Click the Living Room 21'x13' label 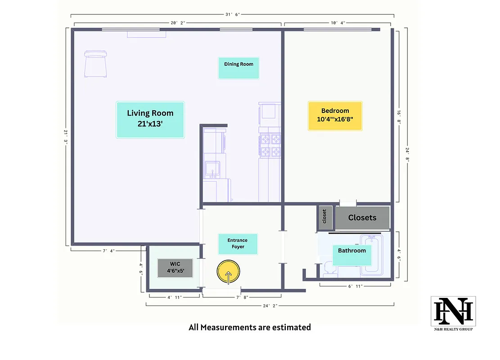(150, 119)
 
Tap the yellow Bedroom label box (335, 116)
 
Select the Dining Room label (239, 68)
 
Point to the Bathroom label (351, 255)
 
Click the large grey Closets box (362, 218)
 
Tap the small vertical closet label (324, 216)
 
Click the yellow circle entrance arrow (229, 273)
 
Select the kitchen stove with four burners (270, 144)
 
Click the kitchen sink (211, 169)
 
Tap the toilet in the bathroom (328, 269)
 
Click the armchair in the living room (96, 64)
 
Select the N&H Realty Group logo (453, 313)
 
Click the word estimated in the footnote (291, 328)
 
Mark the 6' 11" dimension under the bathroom (355, 286)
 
